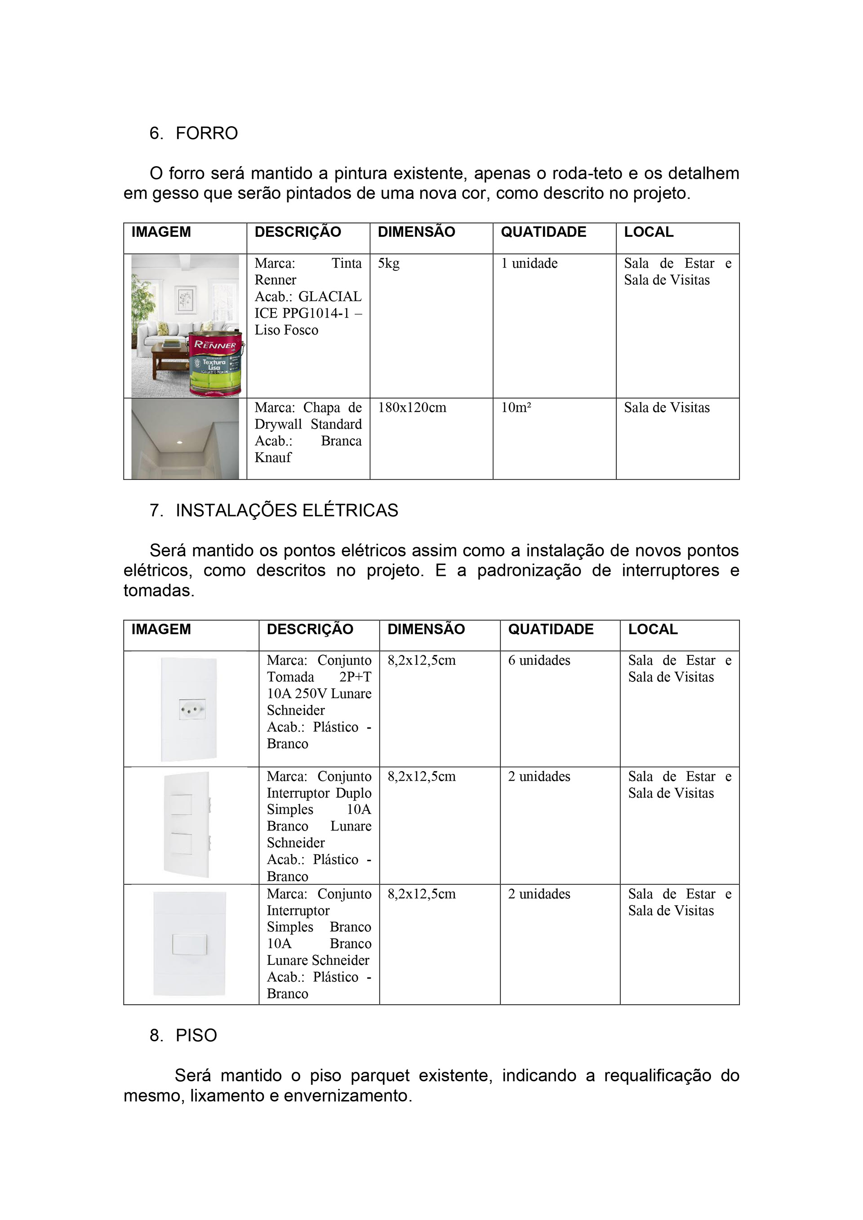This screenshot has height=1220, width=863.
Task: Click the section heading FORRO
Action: click(x=206, y=133)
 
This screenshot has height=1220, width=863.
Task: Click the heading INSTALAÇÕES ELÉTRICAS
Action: click(x=287, y=510)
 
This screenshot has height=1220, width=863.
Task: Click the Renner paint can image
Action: click(x=216, y=363)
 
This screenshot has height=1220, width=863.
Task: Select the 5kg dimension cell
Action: click(x=389, y=264)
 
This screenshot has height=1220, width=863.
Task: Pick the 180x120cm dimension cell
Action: click(x=412, y=407)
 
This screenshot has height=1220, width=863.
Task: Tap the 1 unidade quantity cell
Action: click(x=529, y=264)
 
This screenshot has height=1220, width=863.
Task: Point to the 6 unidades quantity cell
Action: click(x=539, y=660)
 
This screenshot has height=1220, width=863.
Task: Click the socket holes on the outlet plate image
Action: click(x=192, y=709)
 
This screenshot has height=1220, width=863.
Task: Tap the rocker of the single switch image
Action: click(x=189, y=944)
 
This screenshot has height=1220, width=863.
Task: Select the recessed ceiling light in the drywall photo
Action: click(x=180, y=442)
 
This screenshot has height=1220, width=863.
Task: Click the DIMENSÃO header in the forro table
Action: click(x=416, y=232)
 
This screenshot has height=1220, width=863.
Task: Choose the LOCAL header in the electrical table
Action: click(x=653, y=629)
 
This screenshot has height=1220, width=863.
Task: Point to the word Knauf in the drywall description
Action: click(x=273, y=457)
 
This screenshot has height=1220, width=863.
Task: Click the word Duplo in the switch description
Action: click(x=354, y=793)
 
